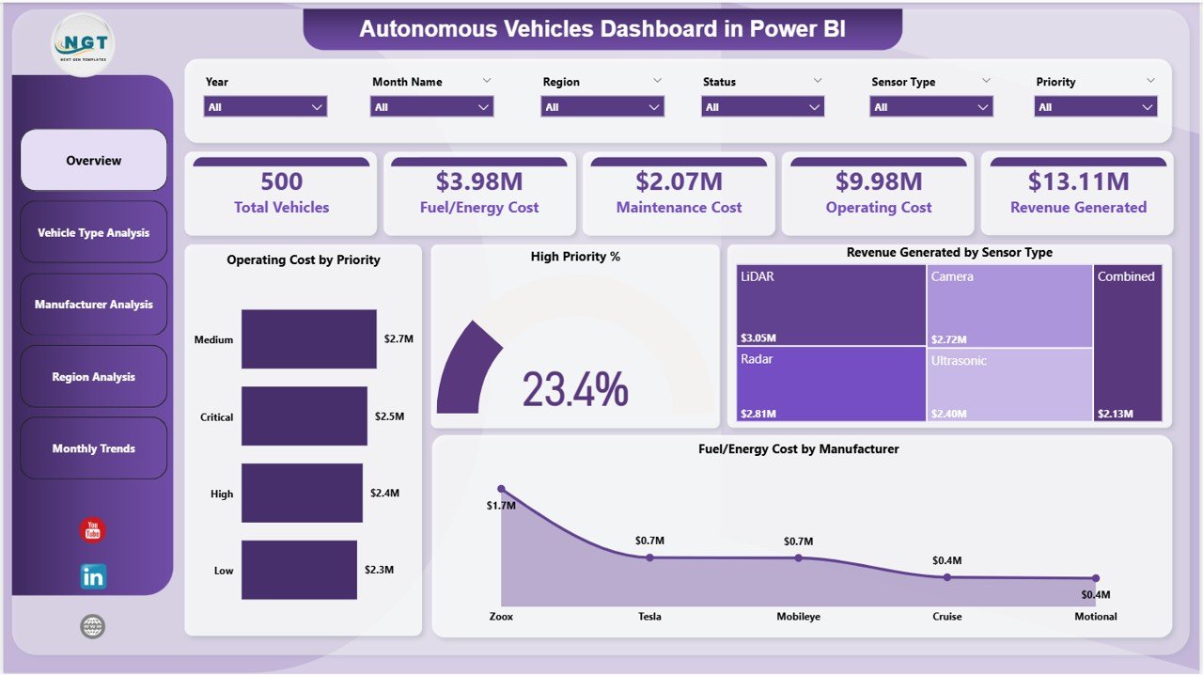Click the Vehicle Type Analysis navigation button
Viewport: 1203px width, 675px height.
93,232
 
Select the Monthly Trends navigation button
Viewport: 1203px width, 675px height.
93,448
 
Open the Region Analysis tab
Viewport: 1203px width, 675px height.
93,377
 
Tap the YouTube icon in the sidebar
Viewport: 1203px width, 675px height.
92,530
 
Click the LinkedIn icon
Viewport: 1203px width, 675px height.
93,576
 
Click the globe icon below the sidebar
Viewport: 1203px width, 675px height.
92,626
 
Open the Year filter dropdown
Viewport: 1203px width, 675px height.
265,107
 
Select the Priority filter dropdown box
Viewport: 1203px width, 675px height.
1096,107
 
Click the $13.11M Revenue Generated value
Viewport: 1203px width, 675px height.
1078,181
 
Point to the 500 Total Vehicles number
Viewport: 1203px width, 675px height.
281,181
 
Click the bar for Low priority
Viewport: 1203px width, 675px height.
299,570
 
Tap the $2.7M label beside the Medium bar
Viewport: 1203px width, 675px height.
398,338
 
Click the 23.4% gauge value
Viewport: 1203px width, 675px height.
575,388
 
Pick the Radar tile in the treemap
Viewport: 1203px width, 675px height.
831,384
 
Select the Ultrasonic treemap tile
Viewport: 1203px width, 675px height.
1009,384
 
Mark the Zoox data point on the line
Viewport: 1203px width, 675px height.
501,489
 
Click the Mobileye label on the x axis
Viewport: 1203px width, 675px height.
798,617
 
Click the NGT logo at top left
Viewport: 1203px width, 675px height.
85,43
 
